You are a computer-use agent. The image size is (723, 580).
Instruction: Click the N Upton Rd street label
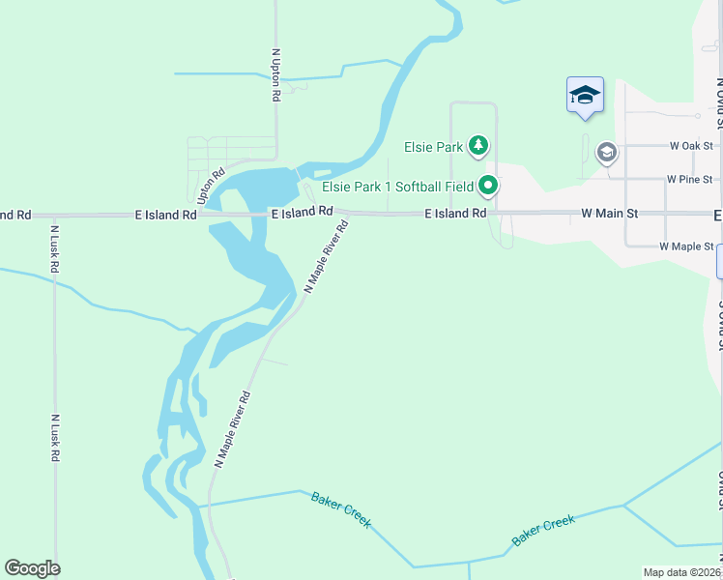(276, 75)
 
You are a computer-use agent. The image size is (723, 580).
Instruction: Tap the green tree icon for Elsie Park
(477, 147)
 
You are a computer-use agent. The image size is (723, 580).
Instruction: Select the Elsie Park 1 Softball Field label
(397, 186)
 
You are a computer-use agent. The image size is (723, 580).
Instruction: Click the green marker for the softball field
(489, 185)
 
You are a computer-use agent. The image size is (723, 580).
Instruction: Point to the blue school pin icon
(585, 96)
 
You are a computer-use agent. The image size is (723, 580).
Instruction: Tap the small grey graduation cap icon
(607, 153)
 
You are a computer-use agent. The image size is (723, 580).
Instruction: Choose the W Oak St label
(691, 146)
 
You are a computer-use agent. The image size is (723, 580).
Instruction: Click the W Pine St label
(689, 179)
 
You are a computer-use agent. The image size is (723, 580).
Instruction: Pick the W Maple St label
(686, 246)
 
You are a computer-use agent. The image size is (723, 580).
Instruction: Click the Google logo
(32, 568)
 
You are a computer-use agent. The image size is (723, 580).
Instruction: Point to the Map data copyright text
(682, 572)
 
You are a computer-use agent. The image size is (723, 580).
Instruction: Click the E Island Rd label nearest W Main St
(455, 213)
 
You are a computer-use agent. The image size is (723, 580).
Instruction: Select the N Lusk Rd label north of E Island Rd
(55, 249)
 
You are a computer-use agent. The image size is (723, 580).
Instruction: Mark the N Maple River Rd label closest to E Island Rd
(327, 256)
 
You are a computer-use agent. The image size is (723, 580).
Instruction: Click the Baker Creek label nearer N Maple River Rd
(341, 509)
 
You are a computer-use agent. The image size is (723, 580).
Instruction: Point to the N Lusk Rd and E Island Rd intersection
(55, 215)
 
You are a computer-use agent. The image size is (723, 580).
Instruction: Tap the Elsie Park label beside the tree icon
(433, 148)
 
